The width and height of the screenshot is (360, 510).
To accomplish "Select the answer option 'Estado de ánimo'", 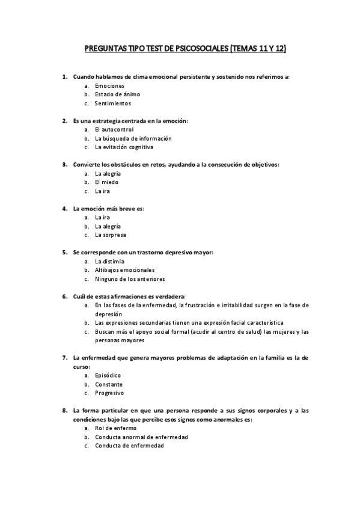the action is [117, 94].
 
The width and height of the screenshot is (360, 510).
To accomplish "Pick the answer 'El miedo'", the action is [106, 182].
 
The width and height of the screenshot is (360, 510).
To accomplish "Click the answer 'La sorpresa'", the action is [111, 235].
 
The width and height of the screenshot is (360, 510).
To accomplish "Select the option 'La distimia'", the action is [110, 262].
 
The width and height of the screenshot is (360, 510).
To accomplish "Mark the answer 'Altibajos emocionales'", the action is [124, 270].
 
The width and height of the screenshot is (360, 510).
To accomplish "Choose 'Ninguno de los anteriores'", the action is [130, 279].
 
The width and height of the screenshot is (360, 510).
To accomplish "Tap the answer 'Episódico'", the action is [108, 375].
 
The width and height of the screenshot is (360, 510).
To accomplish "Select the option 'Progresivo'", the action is [109, 393].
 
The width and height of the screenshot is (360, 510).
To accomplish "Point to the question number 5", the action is [64, 252].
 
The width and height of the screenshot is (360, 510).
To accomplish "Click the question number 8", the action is [64, 411].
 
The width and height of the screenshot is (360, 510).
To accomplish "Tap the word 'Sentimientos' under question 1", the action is [112, 103].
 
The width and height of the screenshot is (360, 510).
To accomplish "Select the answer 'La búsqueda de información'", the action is [129, 138].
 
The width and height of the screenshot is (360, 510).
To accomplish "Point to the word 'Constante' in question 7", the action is [109, 384].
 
